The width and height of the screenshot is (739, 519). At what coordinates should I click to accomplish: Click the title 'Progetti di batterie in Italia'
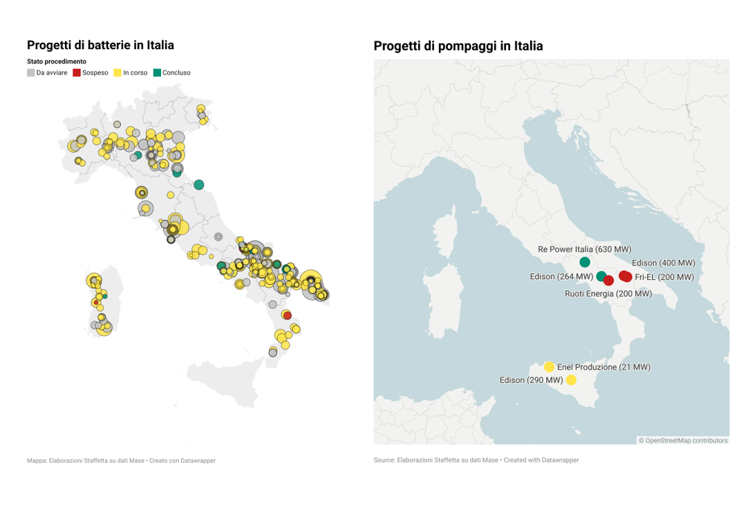point(100,46)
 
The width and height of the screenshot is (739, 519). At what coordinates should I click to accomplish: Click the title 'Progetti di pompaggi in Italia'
point(458,46)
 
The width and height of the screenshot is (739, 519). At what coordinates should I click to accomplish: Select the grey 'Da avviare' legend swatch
point(31,73)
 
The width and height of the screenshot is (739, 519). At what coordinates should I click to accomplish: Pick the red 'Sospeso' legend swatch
point(77,73)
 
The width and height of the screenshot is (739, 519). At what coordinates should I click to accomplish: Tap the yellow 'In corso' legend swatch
point(118,73)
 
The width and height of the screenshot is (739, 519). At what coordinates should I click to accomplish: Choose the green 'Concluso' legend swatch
point(157,73)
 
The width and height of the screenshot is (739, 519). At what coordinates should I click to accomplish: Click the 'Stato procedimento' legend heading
point(57,62)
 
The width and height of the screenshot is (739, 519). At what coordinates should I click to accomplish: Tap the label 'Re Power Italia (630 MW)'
point(584,249)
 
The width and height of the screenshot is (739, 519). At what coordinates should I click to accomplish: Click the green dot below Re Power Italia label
point(585,262)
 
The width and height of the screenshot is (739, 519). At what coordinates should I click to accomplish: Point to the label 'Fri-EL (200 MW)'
point(664,277)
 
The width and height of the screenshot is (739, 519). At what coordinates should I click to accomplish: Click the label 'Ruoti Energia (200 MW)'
point(608,294)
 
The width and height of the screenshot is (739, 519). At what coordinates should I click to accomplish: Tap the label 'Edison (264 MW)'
point(561,276)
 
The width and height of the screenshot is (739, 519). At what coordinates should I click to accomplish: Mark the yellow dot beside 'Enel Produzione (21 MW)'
point(549,367)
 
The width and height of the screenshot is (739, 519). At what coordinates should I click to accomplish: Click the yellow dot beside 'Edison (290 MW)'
point(571,380)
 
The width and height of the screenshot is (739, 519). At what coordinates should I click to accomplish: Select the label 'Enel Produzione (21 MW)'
point(604,367)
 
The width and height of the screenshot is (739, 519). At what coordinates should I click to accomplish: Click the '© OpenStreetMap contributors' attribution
point(682,440)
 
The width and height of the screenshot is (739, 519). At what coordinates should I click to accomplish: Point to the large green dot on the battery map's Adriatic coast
point(199,185)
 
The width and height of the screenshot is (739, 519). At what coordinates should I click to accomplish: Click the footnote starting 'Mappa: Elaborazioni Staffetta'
point(121,460)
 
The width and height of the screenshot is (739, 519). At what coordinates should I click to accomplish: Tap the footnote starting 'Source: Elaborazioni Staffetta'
point(476,460)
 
